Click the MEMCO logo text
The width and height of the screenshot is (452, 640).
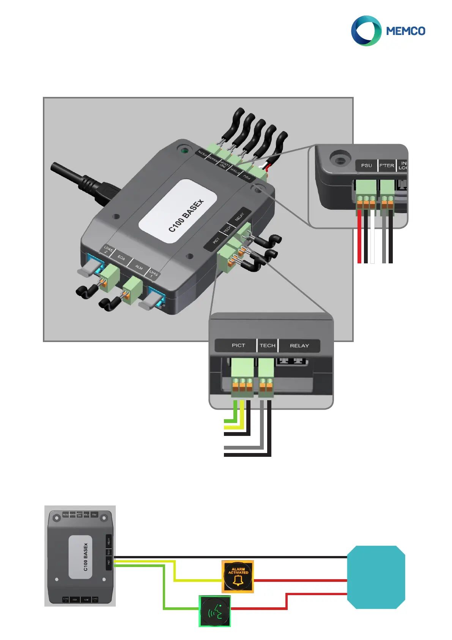406,31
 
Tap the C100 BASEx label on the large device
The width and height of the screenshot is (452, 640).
186,215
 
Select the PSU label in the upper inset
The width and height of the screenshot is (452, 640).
367,165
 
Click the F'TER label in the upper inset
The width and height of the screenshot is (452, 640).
387,165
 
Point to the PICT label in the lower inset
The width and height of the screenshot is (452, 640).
238,345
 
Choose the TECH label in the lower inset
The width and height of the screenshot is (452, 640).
268,345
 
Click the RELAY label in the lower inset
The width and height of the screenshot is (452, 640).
299,345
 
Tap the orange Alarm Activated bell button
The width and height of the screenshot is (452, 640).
238,577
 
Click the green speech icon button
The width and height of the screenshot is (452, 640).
215,611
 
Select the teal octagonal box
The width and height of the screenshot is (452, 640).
376,577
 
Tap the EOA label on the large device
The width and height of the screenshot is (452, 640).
121,258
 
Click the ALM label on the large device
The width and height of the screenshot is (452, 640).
139,268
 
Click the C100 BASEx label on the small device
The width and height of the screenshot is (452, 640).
85,557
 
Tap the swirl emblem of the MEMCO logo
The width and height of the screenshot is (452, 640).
366,31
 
